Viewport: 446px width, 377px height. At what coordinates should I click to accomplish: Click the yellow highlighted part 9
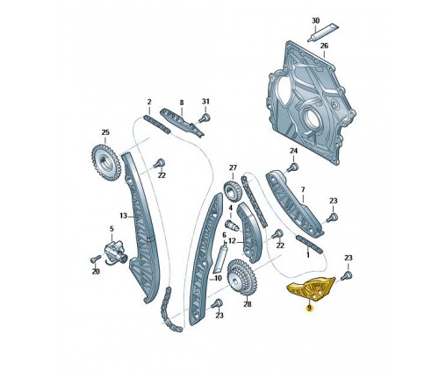point(311,289)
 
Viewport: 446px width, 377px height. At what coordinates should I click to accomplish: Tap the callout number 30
point(315,21)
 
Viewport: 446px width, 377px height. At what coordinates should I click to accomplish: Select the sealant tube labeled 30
point(323,33)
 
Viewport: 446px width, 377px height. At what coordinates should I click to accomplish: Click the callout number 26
point(324,46)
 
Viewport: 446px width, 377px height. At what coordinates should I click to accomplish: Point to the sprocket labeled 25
point(105,162)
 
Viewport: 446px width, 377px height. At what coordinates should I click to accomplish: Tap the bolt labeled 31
point(205,117)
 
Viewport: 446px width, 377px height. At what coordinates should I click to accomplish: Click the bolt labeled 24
point(292,167)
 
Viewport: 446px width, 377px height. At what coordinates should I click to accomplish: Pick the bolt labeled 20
point(96,259)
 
